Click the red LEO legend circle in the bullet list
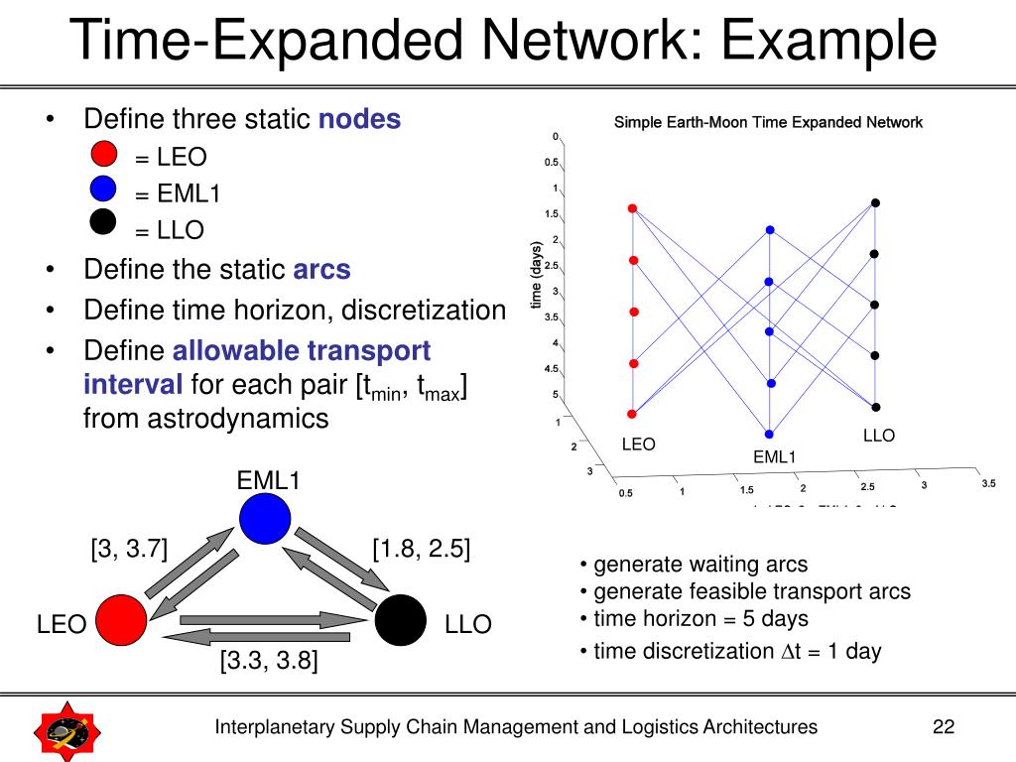[x=104, y=155]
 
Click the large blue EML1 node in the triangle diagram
[x=264, y=519]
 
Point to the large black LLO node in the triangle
[x=401, y=621]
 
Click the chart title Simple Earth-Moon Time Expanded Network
[x=768, y=123]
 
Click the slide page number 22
[x=943, y=727]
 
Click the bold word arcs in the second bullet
[x=321, y=270]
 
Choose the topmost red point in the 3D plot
[x=632, y=208]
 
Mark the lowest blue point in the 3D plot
[x=769, y=434]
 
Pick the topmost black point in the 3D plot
[x=875, y=203]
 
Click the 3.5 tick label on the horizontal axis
[x=987, y=483]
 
